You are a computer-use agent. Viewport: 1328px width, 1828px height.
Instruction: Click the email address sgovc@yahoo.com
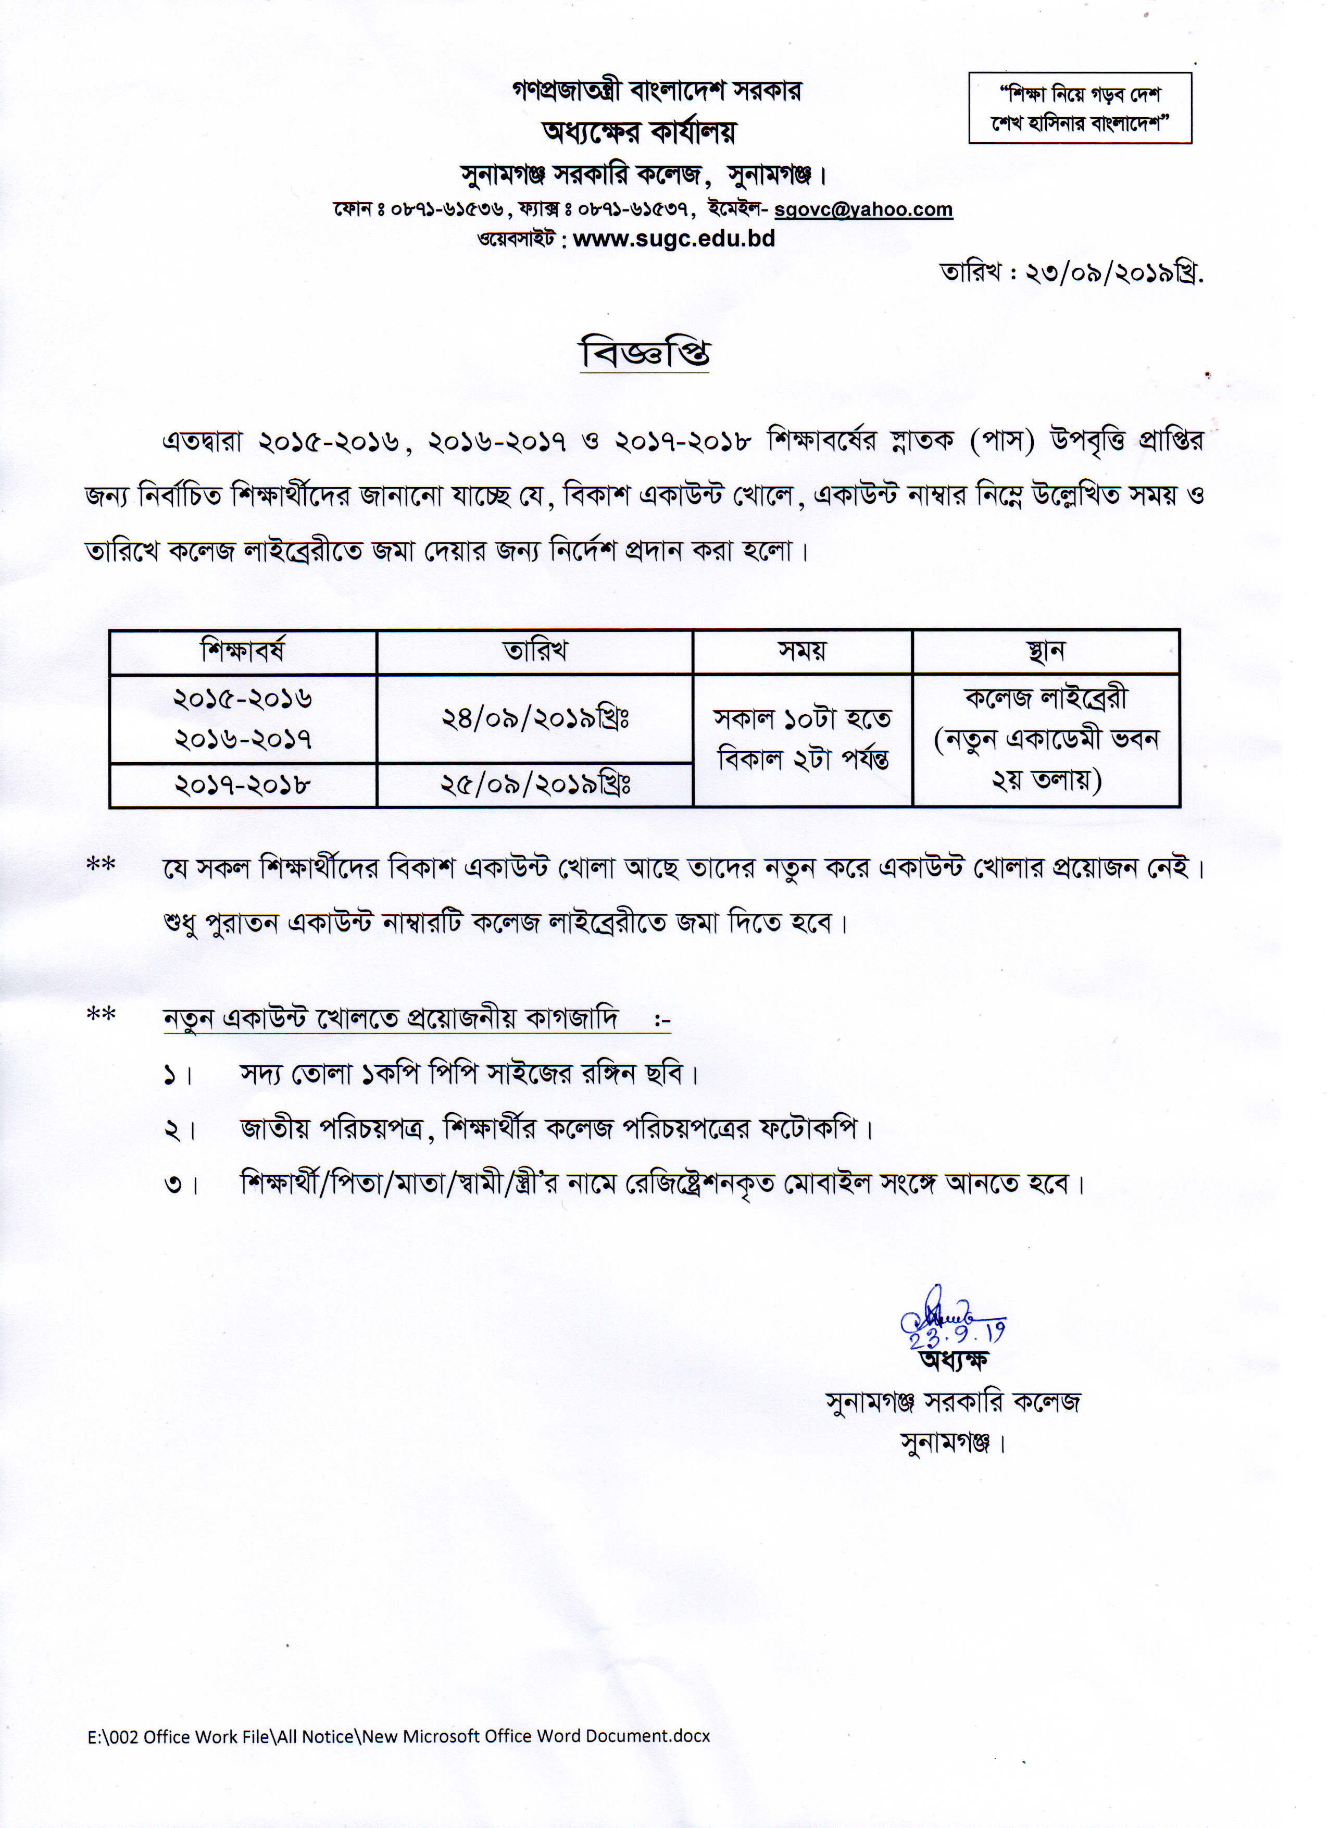pos(863,209)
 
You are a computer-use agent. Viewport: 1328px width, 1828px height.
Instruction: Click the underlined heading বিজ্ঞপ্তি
pos(645,355)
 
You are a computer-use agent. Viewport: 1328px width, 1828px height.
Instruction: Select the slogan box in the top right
pos(1079,108)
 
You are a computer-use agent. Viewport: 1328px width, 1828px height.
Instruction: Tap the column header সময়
pos(802,651)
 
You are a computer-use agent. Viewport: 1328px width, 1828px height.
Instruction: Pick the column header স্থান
pos(1045,651)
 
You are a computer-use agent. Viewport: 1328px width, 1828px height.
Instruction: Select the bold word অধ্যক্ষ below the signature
pos(953,1362)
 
